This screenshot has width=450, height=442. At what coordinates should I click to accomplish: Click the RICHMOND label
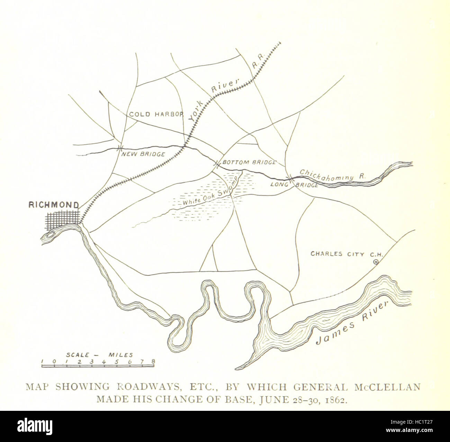[54, 205]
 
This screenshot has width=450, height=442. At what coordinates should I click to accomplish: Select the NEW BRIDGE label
[143, 154]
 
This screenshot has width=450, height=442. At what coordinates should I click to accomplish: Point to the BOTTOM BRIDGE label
[249, 162]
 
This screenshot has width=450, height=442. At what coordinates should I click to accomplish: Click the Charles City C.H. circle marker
[376, 263]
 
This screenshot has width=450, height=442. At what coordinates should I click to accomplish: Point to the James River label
[353, 324]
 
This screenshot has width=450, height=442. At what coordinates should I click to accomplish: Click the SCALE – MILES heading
[100, 355]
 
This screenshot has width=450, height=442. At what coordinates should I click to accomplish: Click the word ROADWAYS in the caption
[138, 387]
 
